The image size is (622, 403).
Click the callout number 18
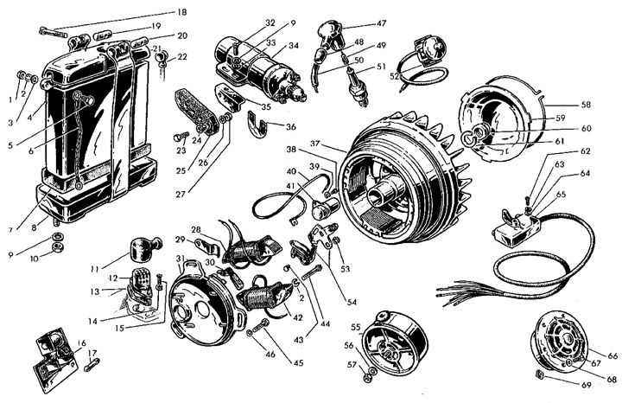pyautogui.click(x=181, y=12)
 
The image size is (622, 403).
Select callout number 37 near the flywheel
pyautogui.click(x=317, y=143)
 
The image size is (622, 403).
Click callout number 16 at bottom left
pyautogui.click(x=80, y=343)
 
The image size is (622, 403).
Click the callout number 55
pyautogui.click(x=354, y=327)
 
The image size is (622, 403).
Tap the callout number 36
pyautogui.click(x=290, y=126)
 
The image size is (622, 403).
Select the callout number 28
pyautogui.click(x=197, y=229)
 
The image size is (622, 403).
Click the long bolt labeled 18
pyautogui.click(x=54, y=35)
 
